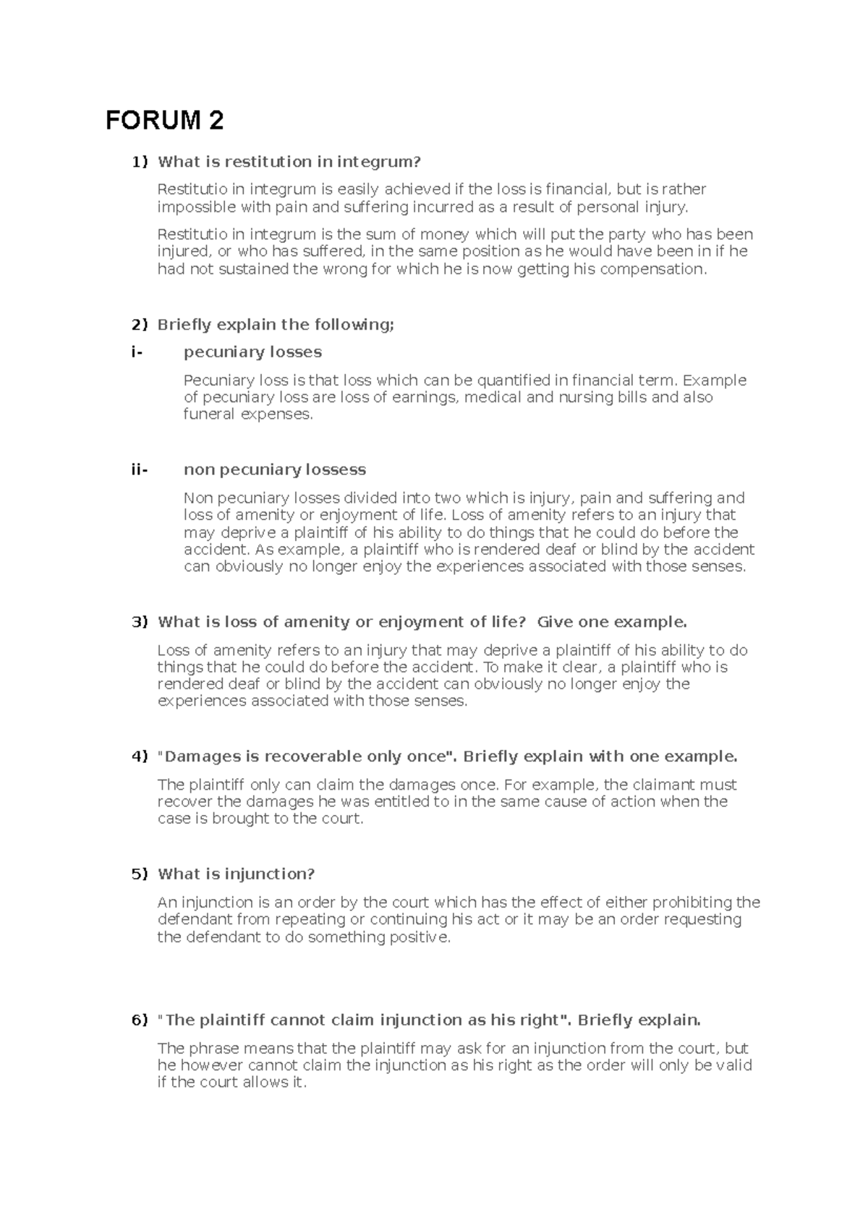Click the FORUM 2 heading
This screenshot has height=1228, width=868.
(x=164, y=120)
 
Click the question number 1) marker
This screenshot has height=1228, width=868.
(x=139, y=161)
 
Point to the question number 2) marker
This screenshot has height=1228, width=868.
(x=139, y=325)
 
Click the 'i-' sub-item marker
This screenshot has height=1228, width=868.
(x=137, y=352)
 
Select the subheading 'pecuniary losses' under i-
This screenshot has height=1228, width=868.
(x=252, y=352)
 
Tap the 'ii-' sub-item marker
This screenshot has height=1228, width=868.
(x=139, y=470)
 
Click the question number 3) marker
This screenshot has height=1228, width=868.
(x=139, y=622)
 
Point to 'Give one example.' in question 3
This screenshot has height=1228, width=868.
(x=612, y=622)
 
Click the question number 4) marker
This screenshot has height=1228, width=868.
(x=139, y=756)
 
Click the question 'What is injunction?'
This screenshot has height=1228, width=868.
(x=236, y=874)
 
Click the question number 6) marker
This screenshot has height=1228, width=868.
(x=139, y=1020)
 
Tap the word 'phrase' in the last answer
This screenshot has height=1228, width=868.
(x=213, y=1049)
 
